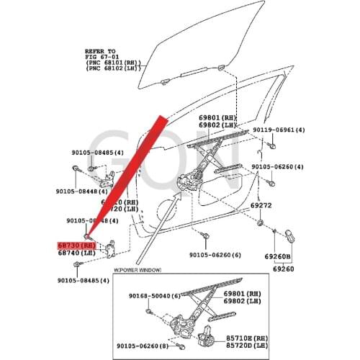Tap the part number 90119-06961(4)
(x=284, y=131)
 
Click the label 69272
(x=282, y=204)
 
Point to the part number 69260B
(x=276, y=256)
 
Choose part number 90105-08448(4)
(x=81, y=192)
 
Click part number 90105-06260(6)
(x=220, y=256)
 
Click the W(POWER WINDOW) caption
(x=138, y=270)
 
